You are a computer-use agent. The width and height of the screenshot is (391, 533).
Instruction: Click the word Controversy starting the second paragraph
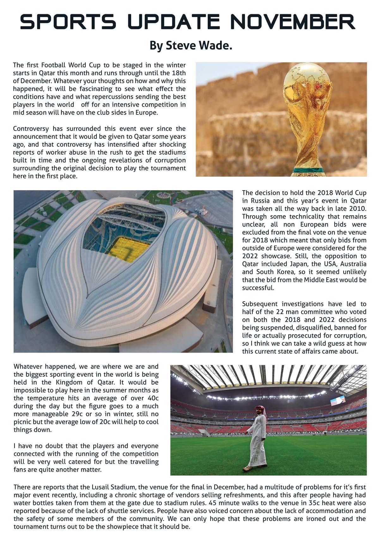click(x=31, y=129)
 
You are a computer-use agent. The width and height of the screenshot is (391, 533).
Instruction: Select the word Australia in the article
click(x=353, y=264)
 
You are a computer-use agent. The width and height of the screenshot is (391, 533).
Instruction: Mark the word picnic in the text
click(x=23, y=422)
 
